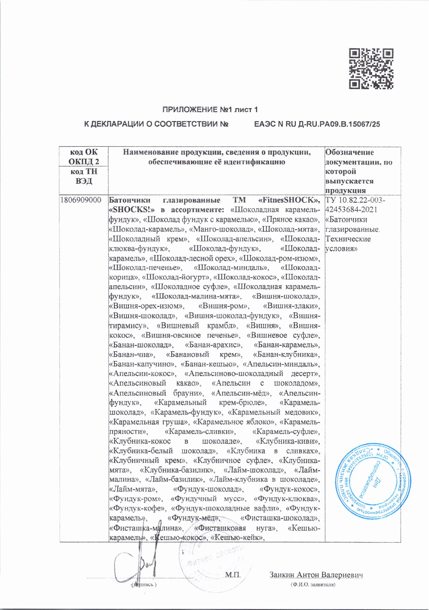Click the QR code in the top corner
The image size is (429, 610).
click(371, 68)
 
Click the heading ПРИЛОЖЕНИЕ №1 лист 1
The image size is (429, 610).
click(210, 110)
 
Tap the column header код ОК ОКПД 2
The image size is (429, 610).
click(84, 156)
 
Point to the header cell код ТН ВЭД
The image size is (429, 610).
click(84, 176)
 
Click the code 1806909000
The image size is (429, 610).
click(81, 200)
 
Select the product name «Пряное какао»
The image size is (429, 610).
click(290, 219)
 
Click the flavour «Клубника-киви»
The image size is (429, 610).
click(288, 441)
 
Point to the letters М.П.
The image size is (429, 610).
click(233, 575)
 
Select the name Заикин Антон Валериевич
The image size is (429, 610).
click(316, 575)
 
